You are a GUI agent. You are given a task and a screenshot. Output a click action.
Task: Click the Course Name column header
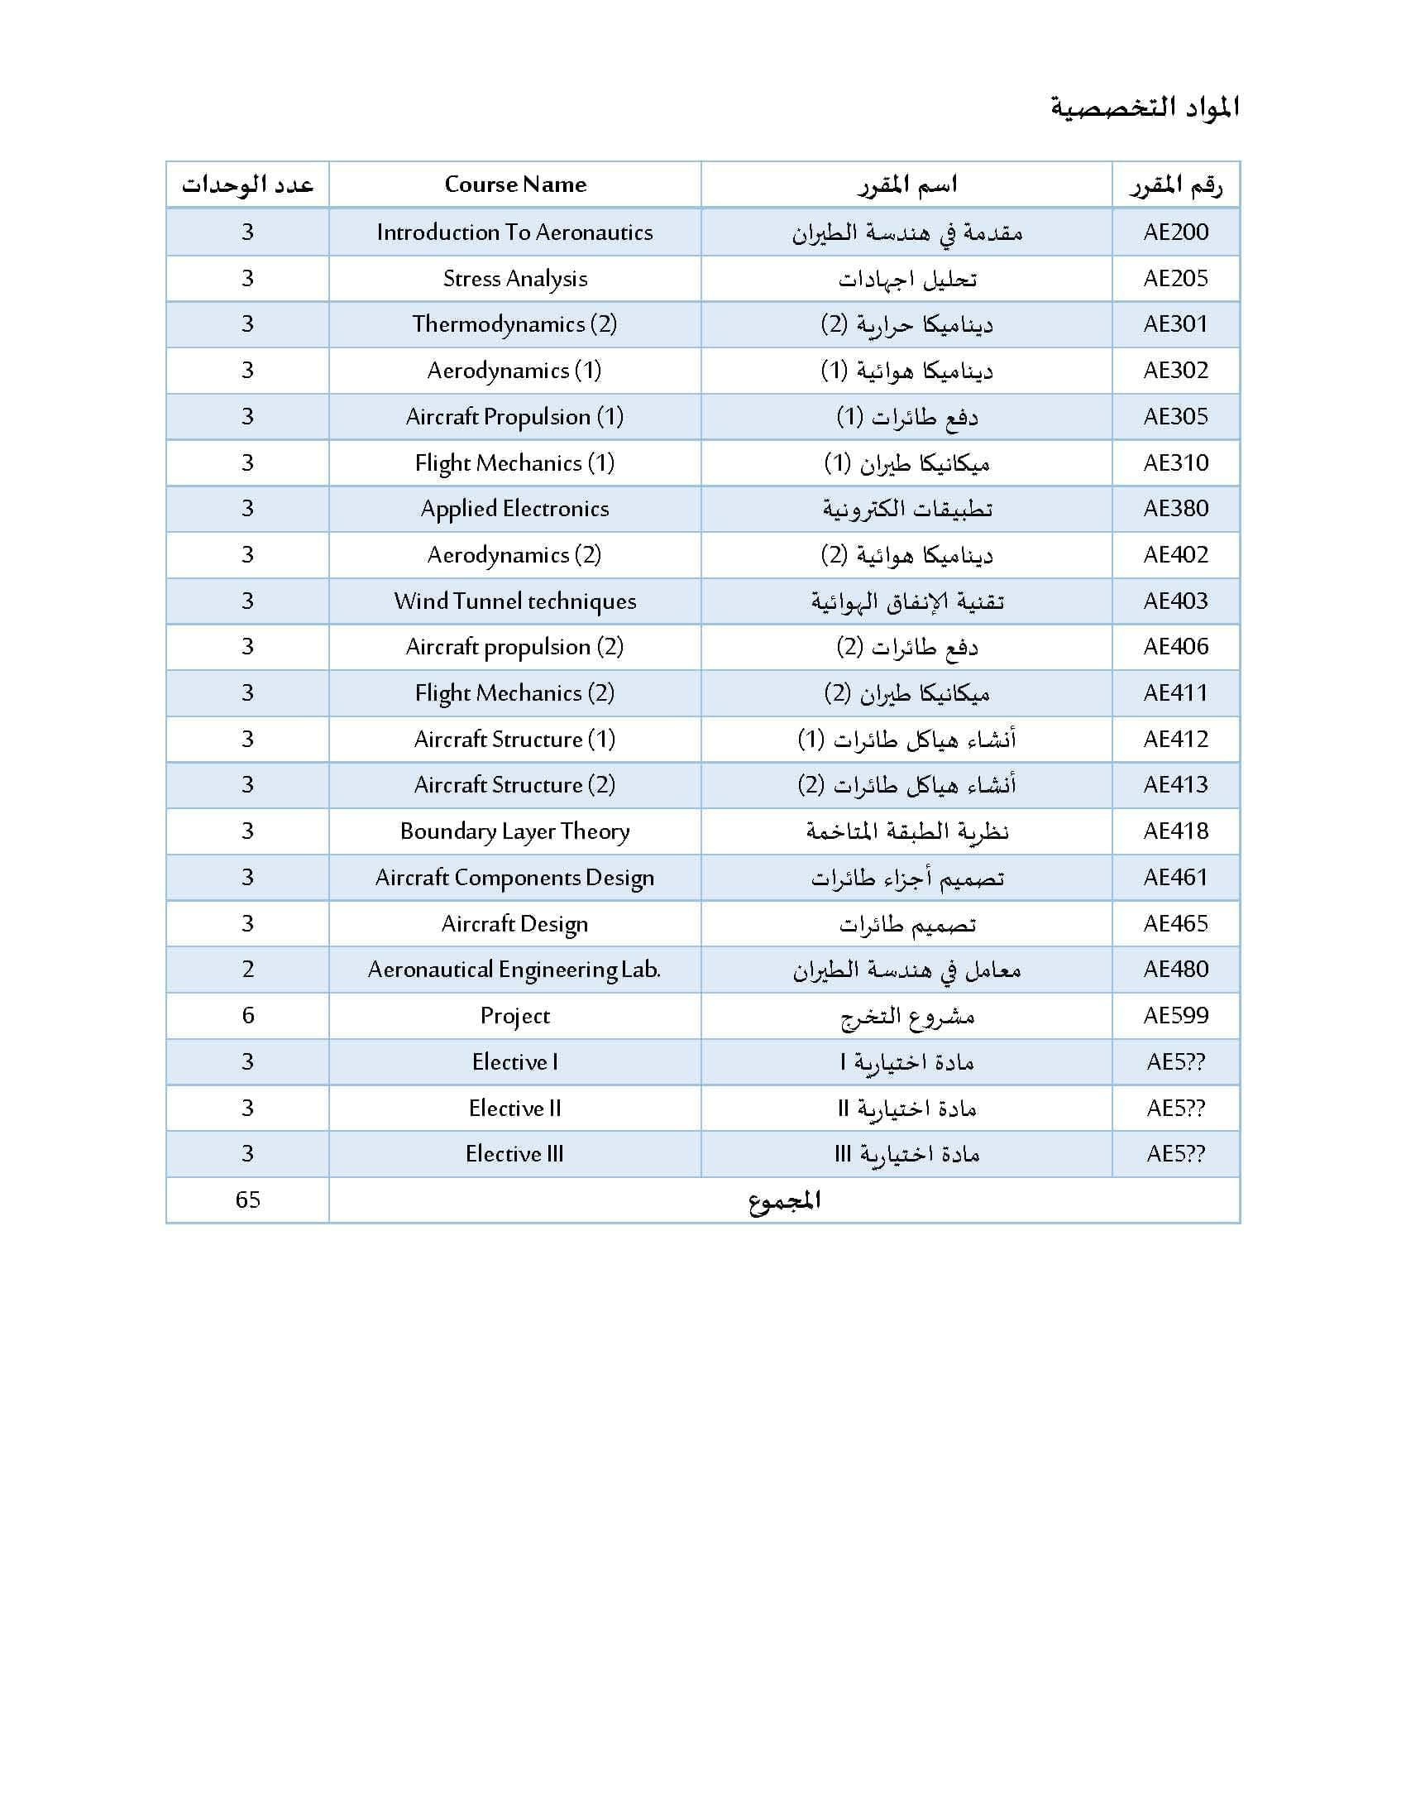(x=514, y=184)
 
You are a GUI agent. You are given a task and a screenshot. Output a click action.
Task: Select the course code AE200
(x=1175, y=232)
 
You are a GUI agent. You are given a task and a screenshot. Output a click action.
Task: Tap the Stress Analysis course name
(x=514, y=278)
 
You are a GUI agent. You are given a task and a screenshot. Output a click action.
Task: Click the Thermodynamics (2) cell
(x=514, y=324)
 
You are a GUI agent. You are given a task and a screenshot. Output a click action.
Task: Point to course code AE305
(x=1175, y=417)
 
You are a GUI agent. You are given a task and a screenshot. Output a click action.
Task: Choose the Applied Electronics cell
(x=514, y=508)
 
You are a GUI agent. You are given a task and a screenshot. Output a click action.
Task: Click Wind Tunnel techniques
(x=514, y=601)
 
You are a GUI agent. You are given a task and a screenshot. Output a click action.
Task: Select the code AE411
(x=1175, y=692)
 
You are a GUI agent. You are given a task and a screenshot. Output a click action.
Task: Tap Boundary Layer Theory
(x=514, y=831)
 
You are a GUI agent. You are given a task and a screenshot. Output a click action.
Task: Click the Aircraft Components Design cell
(x=514, y=878)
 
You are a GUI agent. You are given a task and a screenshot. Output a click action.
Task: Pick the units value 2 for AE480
(x=247, y=970)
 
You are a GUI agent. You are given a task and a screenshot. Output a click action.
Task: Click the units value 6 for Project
(x=247, y=1015)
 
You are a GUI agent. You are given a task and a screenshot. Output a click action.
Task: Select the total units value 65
(x=247, y=1200)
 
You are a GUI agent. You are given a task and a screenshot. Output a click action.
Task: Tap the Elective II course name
(x=514, y=1108)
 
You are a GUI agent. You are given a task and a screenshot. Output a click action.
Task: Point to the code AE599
(x=1175, y=1015)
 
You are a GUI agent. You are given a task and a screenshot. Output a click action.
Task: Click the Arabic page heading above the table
(x=1145, y=108)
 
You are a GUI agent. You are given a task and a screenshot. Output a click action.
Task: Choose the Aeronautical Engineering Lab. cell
(x=514, y=970)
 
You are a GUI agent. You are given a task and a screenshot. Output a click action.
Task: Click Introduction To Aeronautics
(x=514, y=232)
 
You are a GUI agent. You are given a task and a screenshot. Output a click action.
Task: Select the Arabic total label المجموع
(x=785, y=1200)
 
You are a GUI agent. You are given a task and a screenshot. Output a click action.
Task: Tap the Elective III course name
(x=514, y=1153)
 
